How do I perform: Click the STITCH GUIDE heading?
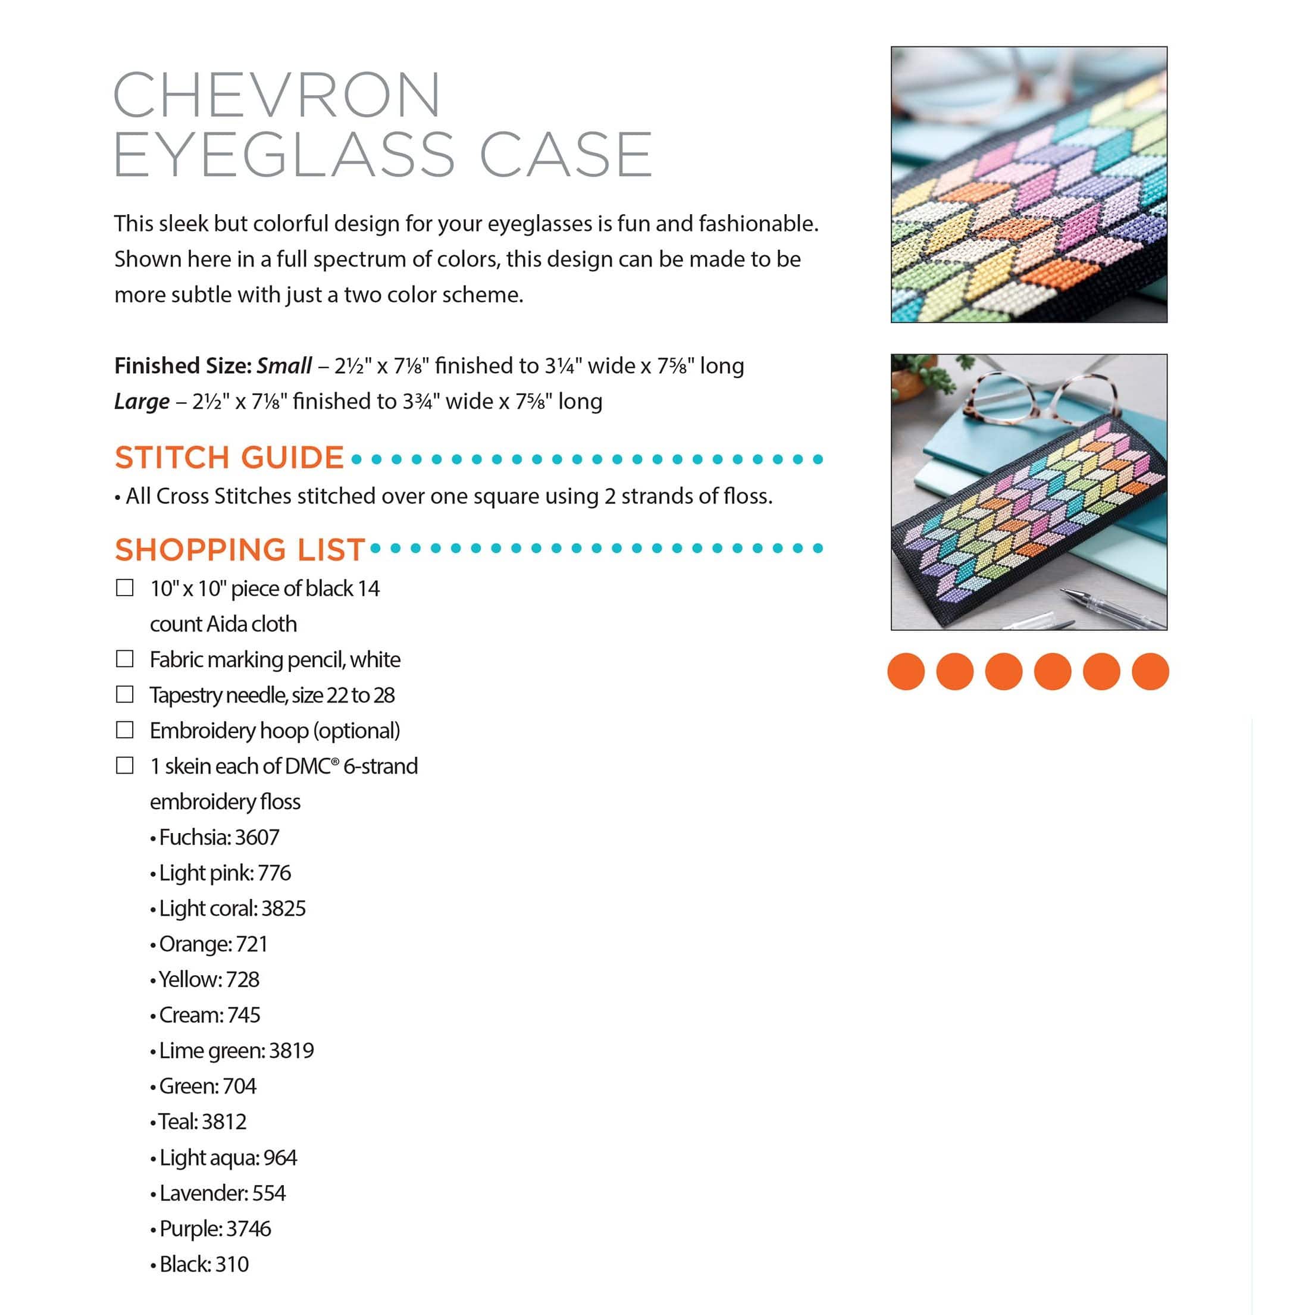click(229, 458)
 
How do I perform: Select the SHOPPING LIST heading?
click(240, 549)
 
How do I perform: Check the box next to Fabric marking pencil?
click(124, 659)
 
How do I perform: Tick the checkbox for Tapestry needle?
click(124, 694)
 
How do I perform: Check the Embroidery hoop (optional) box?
click(124, 729)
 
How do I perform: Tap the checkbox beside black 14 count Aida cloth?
click(124, 587)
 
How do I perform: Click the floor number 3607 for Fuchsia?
click(256, 837)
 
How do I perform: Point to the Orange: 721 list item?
click(213, 944)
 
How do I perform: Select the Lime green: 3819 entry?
click(236, 1050)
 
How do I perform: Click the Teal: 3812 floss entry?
click(202, 1122)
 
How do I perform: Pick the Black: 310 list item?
click(203, 1264)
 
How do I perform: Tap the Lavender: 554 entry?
click(222, 1192)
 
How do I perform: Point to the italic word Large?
click(142, 402)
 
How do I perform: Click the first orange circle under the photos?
click(906, 672)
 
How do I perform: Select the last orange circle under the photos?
click(1150, 672)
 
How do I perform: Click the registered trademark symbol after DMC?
click(335, 762)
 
